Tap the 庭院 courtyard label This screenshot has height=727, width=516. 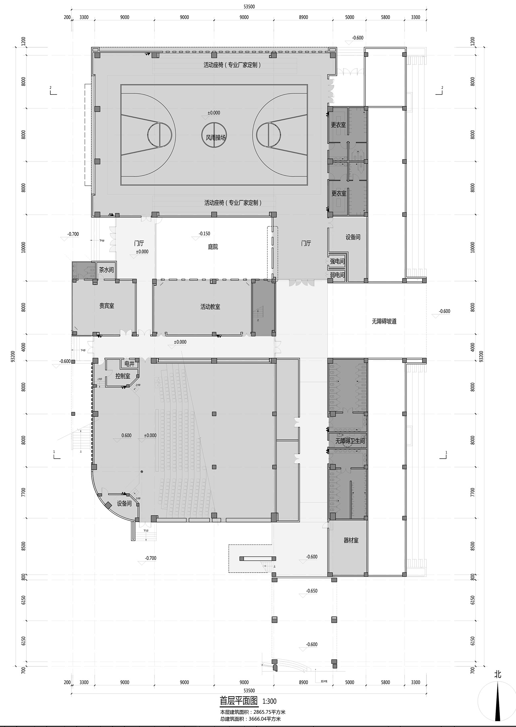[213, 246]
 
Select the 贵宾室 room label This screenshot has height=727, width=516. [107, 306]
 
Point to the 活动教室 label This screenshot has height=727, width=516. [210, 307]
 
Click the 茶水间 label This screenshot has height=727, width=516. [106, 270]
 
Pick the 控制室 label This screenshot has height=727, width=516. [123, 376]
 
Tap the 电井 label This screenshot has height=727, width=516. [129, 364]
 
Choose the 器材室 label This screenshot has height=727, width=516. [351, 540]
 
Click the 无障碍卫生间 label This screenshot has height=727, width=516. [350, 441]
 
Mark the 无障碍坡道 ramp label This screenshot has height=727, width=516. [384, 321]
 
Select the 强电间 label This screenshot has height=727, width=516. [337, 261]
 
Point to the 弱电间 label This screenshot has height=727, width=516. [337, 274]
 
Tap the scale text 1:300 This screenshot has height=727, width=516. [269, 701]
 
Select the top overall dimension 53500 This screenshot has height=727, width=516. [249, 6]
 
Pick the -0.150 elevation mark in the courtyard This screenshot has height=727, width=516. [204, 233]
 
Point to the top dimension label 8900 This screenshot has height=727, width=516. [303, 17]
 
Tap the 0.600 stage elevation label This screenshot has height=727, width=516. [126, 436]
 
